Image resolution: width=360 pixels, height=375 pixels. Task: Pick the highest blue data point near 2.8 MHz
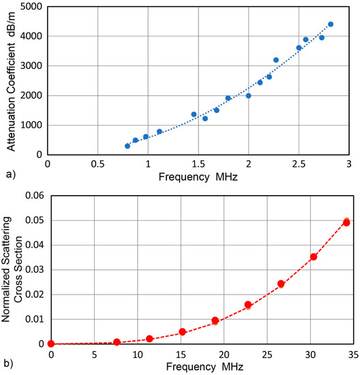click(331, 24)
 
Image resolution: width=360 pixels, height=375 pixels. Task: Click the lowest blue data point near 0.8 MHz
click(127, 146)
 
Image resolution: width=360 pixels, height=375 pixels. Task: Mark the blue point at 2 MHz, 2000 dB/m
click(248, 95)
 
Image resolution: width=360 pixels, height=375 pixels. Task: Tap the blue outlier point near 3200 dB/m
click(276, 60)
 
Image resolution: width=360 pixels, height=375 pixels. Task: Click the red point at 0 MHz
click(51, 344)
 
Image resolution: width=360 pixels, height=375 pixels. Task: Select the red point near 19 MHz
click(215, 320)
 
